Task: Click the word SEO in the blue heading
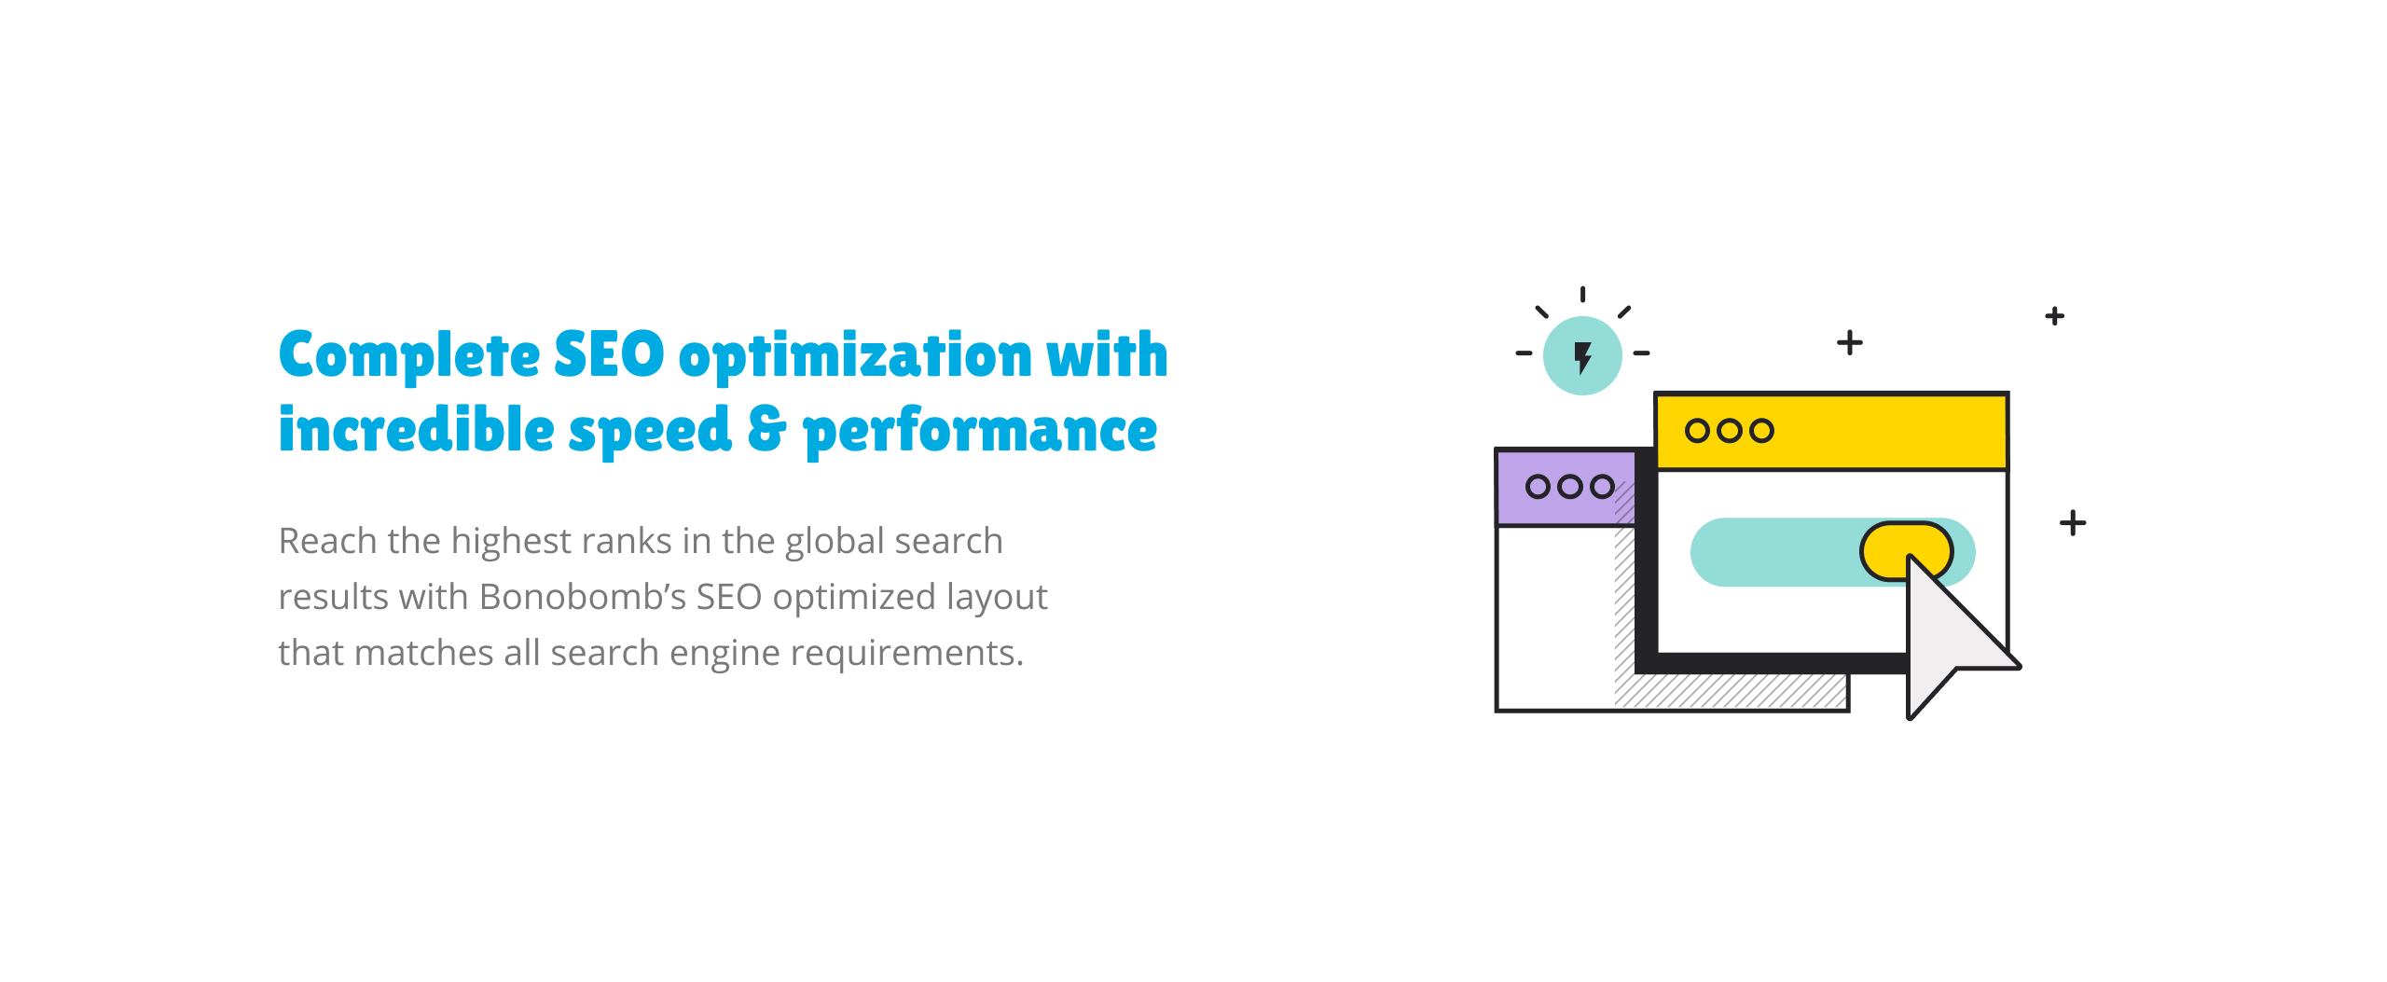609,354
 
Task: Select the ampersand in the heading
767,429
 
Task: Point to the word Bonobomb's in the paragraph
583,597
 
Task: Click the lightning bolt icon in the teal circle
1582,357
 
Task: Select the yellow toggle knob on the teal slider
1906,551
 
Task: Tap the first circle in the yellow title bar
1697,431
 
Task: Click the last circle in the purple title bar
1602,486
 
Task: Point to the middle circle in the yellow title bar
1730,431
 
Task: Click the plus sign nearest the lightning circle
1850,343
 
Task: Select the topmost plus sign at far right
2055,316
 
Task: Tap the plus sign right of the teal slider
2073,522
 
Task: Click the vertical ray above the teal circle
1582,295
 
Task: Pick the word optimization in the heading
855,357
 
